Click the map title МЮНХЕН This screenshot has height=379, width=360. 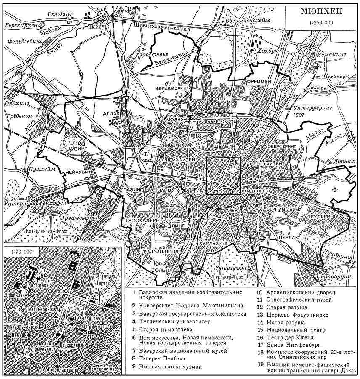tap(321, 11)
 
